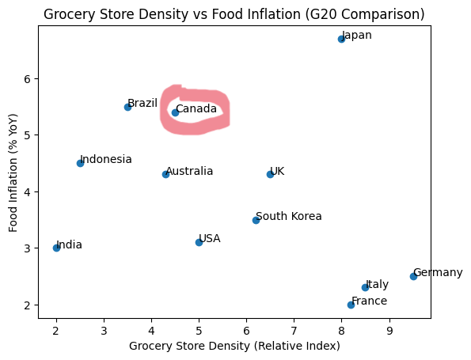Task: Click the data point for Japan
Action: pyautogui.click(x=341, y=39)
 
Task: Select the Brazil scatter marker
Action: pyautogui.click(x=127, y=107)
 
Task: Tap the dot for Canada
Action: pyautogui.click(x=175, y=112)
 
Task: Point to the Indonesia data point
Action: pyautogui.click(x=80, y=163)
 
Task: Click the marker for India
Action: pyautogui.click(x=56, y=248)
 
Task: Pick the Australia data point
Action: pyautogui.click(x=165, y=174)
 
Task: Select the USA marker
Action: pyautogui.click(x=199, y=242)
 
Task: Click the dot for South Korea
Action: pyautogui.click(x=256, y=220)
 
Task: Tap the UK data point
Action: pyautogui.click(x=270, y=174)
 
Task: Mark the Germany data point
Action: pyautogui.click(x=413, y=276)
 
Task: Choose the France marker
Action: pyautogui.click(x=351, y=305)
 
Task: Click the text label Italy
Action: pyautogui.click(x=377, y=284)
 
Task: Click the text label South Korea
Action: pyautogui.click(x=289, y=216)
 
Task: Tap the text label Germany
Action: pyautogui.click(x=438, y=272)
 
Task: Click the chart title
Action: pyautogui.click(x=234, y=14)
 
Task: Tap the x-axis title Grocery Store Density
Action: pyautogui.click(x=234, y=346)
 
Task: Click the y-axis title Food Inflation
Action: pyautogui.click(x=13, y=172)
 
